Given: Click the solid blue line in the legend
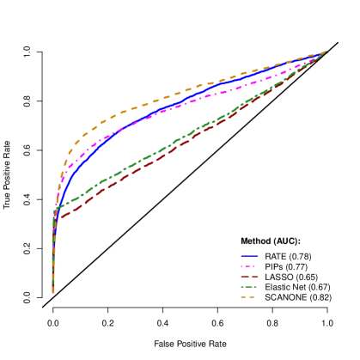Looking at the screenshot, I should [x=249, y=256].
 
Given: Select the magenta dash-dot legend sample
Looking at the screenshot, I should [x=249, y=266].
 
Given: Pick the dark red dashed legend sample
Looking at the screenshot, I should [x=249, y=277].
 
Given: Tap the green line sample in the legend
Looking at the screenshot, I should [x=249, y=287].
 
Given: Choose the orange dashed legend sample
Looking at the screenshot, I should [x=249, y=297].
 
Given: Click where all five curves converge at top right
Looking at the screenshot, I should [x=326, y=52].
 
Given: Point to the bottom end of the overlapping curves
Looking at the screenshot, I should [x=53, y=293].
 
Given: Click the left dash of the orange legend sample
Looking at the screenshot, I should [x=243, y=297].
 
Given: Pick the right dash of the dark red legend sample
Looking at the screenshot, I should [x=254, y=277].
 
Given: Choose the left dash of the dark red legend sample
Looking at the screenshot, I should [x=244, y=277].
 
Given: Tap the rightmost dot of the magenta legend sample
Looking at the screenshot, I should [x=256, y=266].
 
